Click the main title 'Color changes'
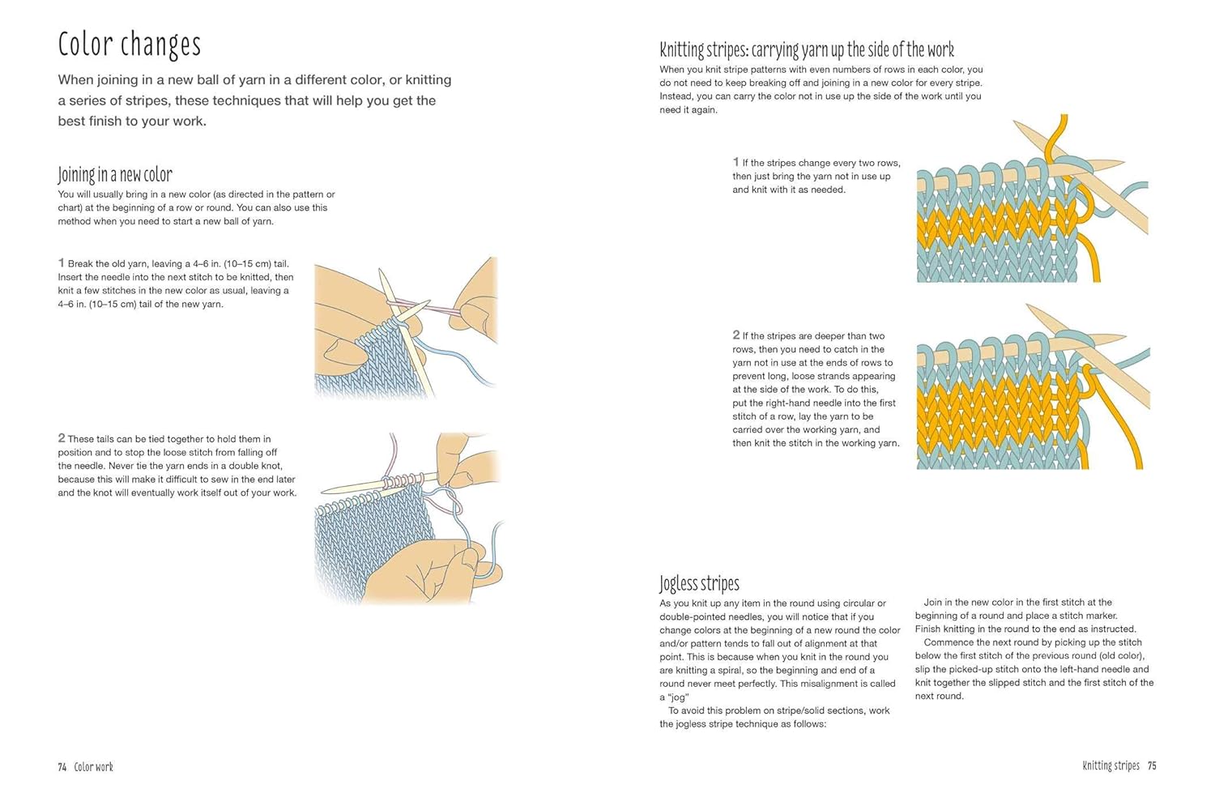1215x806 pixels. click(x=129, y=45)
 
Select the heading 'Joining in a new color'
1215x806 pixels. click(x=115, y=175)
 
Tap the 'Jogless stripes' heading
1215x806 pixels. click(x=699, y=583)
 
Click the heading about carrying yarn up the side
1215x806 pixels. click(x=807, y=50)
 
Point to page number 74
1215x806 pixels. click(x=62, y=767)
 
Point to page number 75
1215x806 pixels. click(x=1152, y=765)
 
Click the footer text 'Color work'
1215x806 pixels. click(x=94, y=767)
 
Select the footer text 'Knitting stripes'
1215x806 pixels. click(x=1111, y=765)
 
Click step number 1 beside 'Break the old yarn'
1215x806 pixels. click(x=62, y=263)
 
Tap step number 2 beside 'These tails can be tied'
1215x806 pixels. click(x=62, y=437)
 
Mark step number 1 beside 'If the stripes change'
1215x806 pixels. click(x=736, y=162)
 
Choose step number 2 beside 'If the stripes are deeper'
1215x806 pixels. click(x=736, y=335)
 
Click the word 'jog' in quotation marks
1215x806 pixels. click(x=678, y=697)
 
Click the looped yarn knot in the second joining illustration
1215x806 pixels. click(x=447, y=500)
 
